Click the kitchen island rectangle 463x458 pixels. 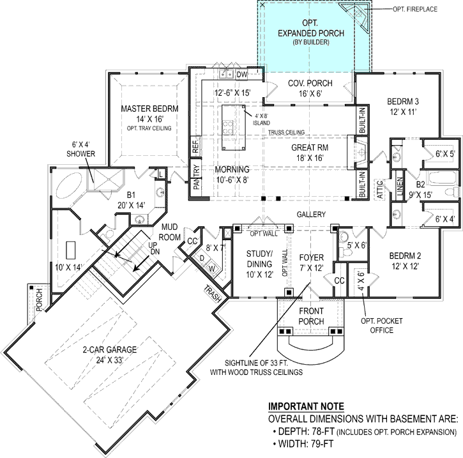click(233, 127)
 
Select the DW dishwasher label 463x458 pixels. click(242, 75)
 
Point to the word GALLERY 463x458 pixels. click(311, 215)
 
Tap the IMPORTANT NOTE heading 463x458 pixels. click(305, 406)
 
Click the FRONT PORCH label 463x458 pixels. click(310, 316)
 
